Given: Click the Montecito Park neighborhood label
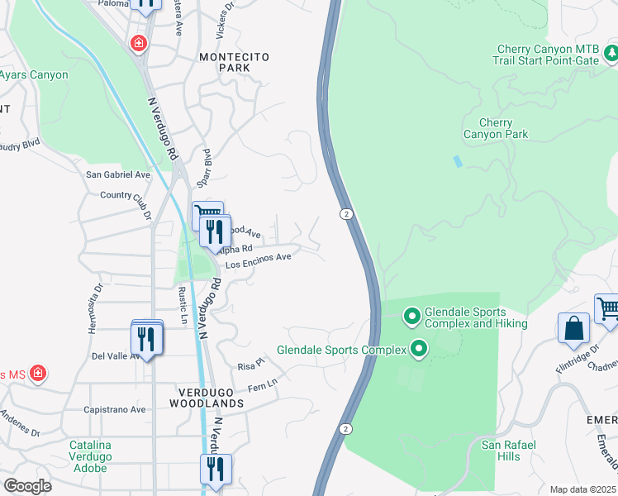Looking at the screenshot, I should click(x=235, y=62).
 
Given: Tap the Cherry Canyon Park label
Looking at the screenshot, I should click(x=496, y=128).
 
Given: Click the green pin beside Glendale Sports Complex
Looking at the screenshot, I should click(x=418, y=350).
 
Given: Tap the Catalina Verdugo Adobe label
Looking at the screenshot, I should click(x=90, y=456).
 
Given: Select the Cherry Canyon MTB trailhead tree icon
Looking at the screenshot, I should click(x=611, y=55).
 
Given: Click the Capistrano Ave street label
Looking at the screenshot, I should click(x=115, y=409).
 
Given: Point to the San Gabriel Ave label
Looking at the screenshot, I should click(x=119, y=175).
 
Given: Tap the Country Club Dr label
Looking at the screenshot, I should click(x=126, y=199).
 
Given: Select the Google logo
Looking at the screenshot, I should click(x=27, y=486).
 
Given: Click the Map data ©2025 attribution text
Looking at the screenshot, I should click(x=582, y=489).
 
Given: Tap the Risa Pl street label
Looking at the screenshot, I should click(x=250, y=364).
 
